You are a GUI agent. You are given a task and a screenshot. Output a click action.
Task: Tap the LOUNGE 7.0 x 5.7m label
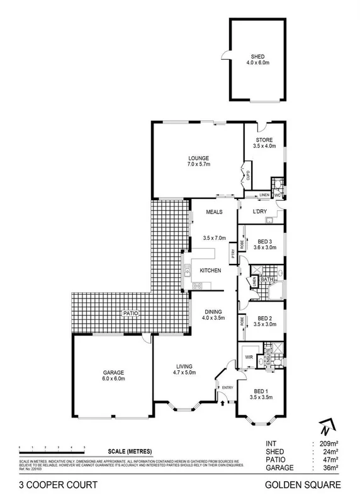click(x=198, y=161)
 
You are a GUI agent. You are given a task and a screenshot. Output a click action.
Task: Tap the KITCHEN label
click(x=210, y=270)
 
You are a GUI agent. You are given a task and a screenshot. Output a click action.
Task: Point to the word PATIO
click(x=130, y=312)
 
